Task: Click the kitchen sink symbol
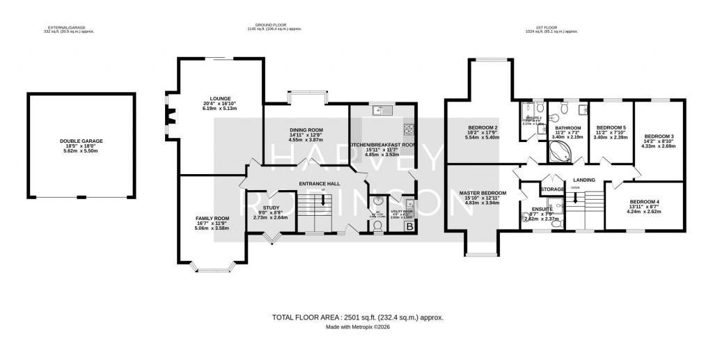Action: point(382,110)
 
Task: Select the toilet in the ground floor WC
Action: point(377,225)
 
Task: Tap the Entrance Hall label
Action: point(318,184)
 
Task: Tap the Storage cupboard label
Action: point(553,189)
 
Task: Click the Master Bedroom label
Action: point(482,193)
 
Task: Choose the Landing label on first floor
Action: point(584,180)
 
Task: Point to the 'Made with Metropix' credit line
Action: point(356,328)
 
